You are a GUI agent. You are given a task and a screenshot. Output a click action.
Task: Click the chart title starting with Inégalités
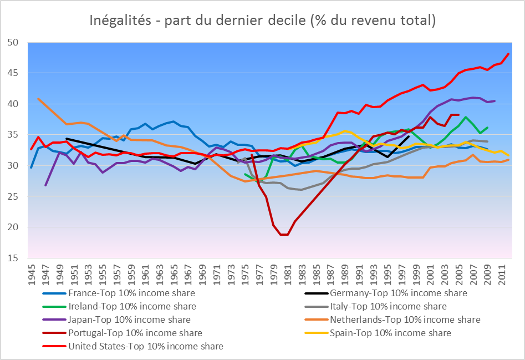tap(263, 21)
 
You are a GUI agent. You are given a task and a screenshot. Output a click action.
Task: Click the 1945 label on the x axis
tap(32, 273)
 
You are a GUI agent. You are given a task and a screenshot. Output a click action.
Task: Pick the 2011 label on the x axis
tap(502, 273)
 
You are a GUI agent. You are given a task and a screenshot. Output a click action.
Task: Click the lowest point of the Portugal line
tap(284, 235)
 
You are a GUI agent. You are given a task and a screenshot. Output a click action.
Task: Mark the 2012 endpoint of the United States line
tap(509, 54)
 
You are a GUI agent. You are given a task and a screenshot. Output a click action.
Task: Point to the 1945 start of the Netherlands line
tap(38, 99)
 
